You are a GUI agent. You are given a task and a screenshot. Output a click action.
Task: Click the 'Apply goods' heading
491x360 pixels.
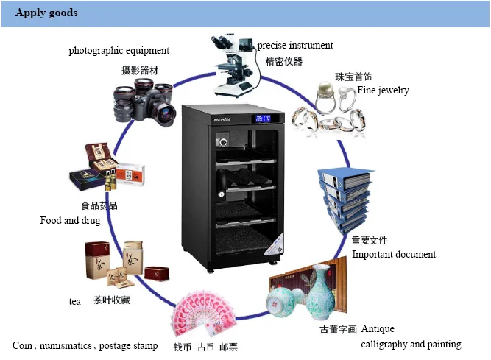pos(46,13)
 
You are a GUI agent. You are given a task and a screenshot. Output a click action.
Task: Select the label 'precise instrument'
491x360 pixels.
pos(294,46)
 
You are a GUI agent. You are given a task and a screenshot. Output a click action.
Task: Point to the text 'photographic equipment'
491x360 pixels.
pos(119,51)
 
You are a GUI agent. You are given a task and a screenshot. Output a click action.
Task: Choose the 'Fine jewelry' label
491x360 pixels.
pos(383,91)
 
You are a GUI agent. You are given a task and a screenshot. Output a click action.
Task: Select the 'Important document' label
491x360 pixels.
pos(394,255)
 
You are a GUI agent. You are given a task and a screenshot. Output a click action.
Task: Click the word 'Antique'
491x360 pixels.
pos(378,328)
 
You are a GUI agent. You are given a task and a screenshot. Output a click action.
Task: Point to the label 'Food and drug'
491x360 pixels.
pos(70,221)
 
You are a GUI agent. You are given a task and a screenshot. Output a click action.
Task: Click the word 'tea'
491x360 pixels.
pos(74,302)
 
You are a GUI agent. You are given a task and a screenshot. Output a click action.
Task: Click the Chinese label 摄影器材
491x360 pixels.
pos(140,71)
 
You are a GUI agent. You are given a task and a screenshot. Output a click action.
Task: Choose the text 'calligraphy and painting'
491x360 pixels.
pos(411,345)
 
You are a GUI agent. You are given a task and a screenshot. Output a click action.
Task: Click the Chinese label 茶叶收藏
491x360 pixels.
pos(111,300)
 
